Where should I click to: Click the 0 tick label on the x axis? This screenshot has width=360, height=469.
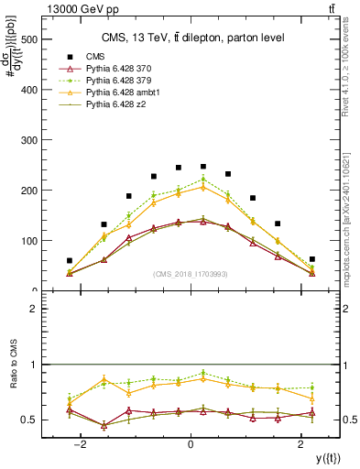pyautogui.click(x=191, y=443)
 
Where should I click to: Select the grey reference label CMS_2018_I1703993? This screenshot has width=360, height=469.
pyautogui.click(x=191, y=274)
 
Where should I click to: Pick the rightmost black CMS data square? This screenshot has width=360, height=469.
pyautogui.click(x=312, y=259)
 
